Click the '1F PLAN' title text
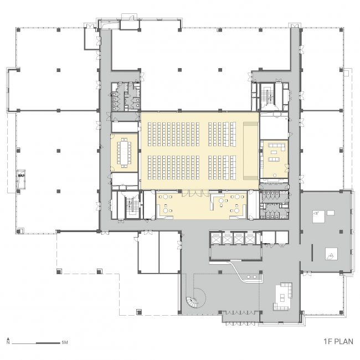click(x=338, y=341)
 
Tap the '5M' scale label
click(x=65, y=342)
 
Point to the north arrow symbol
click(x=8, y=341)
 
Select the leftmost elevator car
click(x=216, y=239)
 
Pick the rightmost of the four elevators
click(x=250, y=239)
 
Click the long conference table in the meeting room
click(x=124, y=153)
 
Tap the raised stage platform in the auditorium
click(x=251, y=151)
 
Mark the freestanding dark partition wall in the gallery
click(x=312, y=253)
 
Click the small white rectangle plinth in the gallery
click(x=331, y=213)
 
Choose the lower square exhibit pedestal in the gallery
click(x=332, y=254)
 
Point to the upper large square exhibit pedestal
click(x=318, y=217)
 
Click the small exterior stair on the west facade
click(x=21, y=179)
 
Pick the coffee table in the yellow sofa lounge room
click(x=274, y=152)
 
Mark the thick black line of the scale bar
click(x=48, y=343)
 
